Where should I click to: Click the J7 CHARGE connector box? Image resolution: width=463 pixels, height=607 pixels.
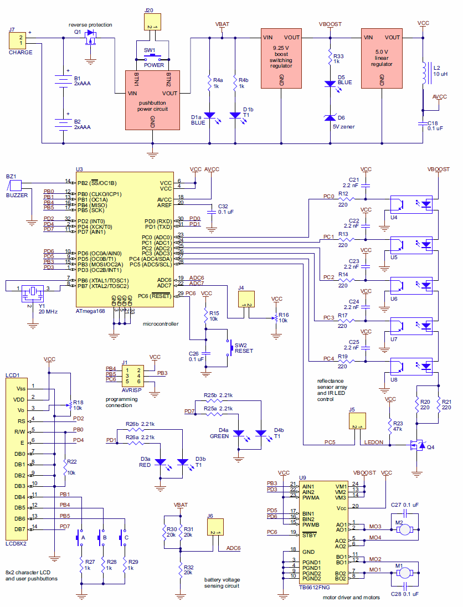tap(17, 40)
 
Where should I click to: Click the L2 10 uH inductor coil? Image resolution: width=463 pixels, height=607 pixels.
tap(425, 74)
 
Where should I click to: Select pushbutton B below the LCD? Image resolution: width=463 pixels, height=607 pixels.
tap(102, 537)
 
